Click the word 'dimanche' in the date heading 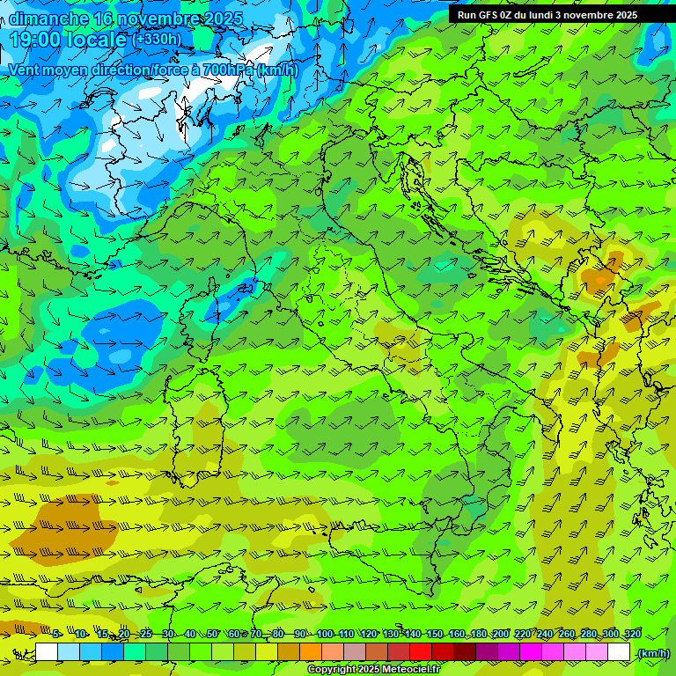coord(48,18)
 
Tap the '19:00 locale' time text coord(69,39)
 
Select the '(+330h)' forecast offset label coord(157,39)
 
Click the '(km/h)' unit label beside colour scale coord(652,653)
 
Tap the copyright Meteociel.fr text coord(373,670)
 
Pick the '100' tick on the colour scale coord(324,635)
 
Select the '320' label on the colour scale coord(632,635)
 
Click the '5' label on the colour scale coord(55,635)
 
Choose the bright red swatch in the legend coord(421,652)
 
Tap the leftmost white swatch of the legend coord(47,652)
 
